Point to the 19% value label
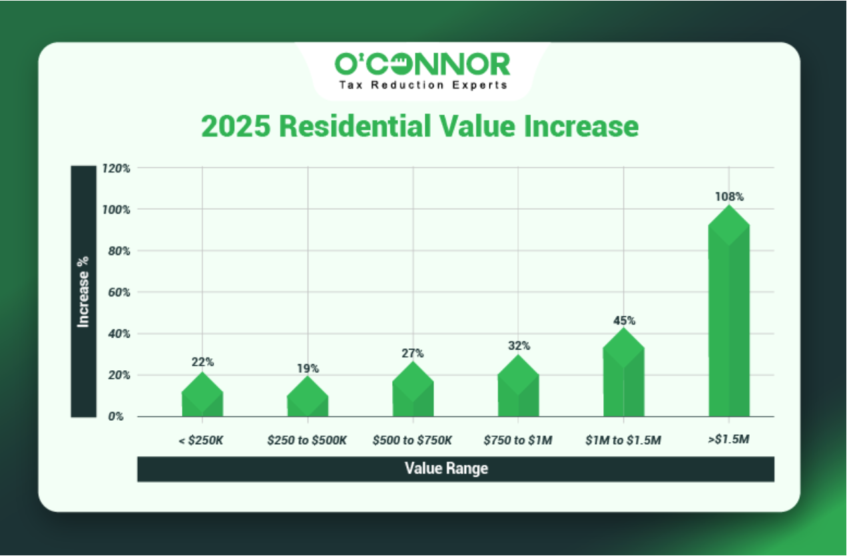[308, 368]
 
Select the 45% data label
[624, 320]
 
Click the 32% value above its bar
[519, 346]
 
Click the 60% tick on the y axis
[117, 292]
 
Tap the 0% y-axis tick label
[121, 417]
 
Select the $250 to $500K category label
[307, 440]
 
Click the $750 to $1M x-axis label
[518, 440]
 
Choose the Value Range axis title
[446, 469]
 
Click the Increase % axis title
[83, 292]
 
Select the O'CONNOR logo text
[422, 64]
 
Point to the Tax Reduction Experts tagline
[423, 85]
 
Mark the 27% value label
[413, 354]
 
